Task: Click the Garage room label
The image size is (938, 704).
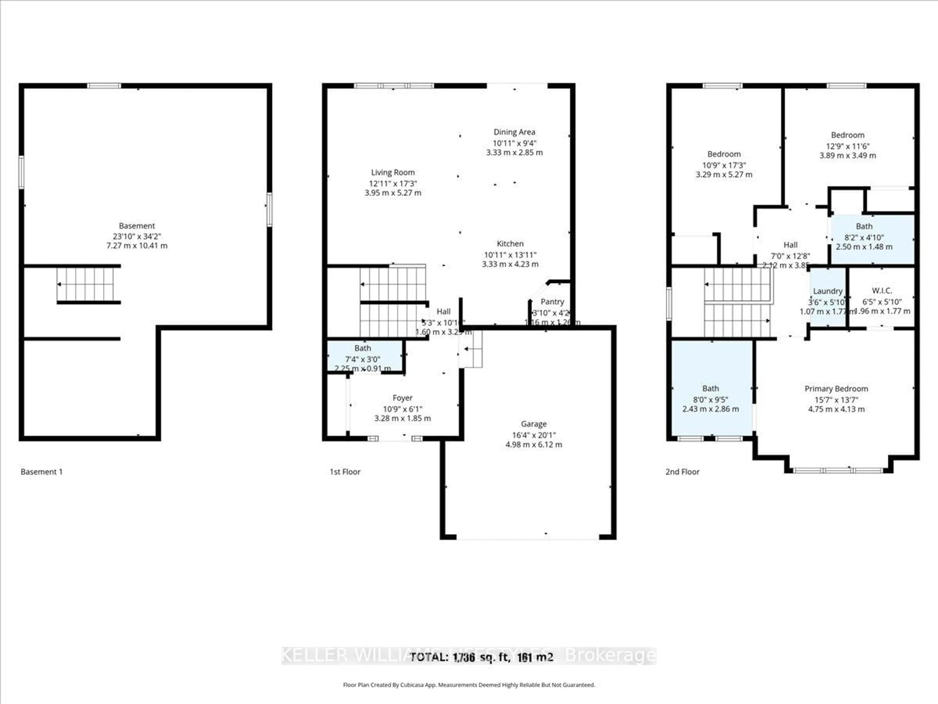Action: pyautogui.click(x=533, y=424)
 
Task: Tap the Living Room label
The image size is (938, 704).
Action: pyautogui.click(x=393, y=172)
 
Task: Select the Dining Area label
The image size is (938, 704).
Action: pyautogui.click(x=514, y=132)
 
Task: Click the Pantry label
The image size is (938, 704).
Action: pyautogui.click(x=552, y=302)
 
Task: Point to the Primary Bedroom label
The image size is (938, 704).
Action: pyautogui.click(x=836, y=389)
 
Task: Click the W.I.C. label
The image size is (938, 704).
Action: pyautogui.click(x=882, y=291)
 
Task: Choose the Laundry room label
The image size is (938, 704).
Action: pyautogui.click(x=827, y=291)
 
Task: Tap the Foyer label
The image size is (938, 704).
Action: pyautogui.click(x=402, y=398)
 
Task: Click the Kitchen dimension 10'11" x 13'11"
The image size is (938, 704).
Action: pyautogui.click(x=510, y=255)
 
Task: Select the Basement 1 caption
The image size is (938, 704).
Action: pyautogui.click(x=42, y=472)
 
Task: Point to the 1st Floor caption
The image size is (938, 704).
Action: pyautogui.click(x=345, y=472)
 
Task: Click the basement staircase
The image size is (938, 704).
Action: pyautogui.click(x=86, y=284)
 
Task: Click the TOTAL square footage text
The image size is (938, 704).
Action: pyautogui.click(x=481, y=657)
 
